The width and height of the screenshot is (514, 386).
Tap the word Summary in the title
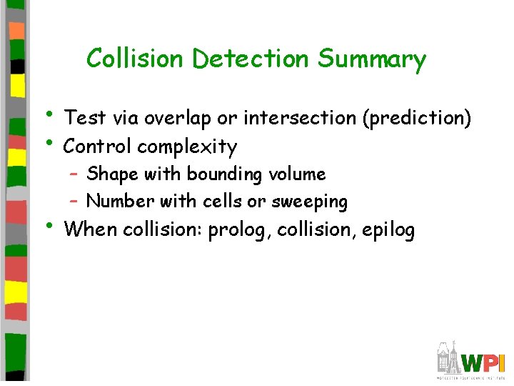371,59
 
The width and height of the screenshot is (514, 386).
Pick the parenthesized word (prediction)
417,118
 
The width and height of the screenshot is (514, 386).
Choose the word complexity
187,148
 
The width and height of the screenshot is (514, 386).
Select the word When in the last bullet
91,231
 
